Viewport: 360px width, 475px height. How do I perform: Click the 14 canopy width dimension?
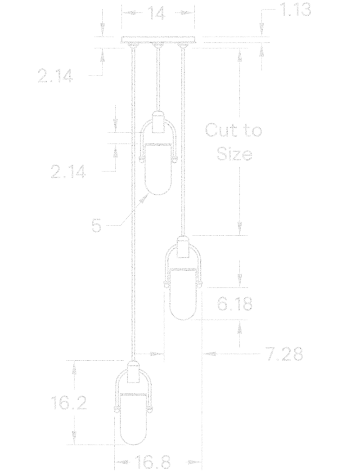coord(157,13)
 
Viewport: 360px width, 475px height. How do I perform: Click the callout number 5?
coord(96,226)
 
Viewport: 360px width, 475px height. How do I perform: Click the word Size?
coord(234,154)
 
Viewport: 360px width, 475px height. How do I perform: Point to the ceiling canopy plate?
coord(158,40)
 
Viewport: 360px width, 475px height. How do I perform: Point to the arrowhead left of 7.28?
coord(211,354)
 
